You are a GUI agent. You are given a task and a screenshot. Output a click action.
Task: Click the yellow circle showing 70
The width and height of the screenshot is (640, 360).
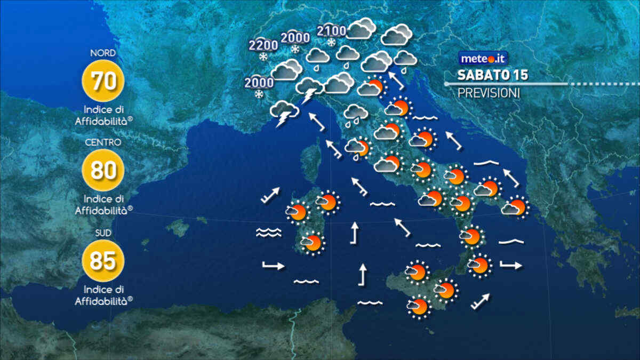tap(103, 81)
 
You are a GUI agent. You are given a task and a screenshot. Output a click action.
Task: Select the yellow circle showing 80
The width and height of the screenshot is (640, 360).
tap(103, 170)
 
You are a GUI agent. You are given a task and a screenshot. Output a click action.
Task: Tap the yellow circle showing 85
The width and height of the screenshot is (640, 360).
tap(103, 260)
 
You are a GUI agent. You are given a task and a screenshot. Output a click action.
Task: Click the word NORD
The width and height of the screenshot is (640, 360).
tap(103, 53)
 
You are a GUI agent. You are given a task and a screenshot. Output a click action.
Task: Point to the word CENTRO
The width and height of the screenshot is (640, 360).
tap(103, 142)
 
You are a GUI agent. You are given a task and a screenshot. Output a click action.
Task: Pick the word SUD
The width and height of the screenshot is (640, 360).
tap(103, 233)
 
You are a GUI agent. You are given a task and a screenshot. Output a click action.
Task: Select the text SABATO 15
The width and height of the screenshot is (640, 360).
tap(492, 75)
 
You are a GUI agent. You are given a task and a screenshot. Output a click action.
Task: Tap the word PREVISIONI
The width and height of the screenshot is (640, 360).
tap(489, 93)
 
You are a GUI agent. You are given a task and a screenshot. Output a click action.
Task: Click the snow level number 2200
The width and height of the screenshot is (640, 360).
tap(263, 45)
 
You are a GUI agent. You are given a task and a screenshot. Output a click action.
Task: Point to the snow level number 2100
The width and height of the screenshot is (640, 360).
tap(331, 31)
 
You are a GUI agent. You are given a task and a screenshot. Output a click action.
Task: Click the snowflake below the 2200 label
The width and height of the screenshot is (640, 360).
tap(263, 57)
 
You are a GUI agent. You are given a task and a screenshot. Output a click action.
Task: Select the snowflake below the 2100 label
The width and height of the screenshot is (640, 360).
tap(331, 43)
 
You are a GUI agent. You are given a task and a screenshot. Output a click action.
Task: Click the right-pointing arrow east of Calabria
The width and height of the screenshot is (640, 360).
tap(511, 265)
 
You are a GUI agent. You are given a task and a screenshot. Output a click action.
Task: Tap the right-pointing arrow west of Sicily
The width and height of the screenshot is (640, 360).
tap(274, 266)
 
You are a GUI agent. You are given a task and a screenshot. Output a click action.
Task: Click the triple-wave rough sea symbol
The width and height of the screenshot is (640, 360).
tap(268, 232)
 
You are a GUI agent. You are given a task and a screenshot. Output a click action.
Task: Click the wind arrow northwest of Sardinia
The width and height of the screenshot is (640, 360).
tap(270, 195)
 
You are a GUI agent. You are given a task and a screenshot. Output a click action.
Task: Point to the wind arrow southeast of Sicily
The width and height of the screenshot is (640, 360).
tap(480, 301)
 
